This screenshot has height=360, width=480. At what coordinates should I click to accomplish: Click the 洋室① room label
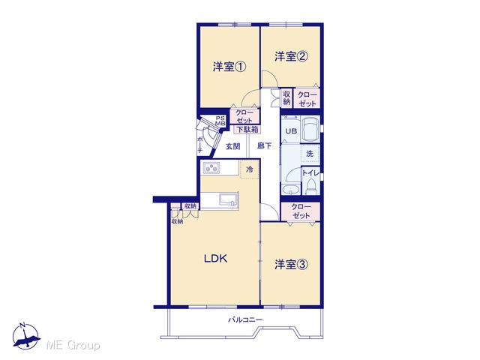pyautogui.click(x=229, y=67)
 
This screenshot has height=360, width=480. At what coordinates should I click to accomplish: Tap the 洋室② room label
pyautogui.click(x=291, y=56)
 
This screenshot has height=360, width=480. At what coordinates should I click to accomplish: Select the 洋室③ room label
pyautogui.click(x=291, y=265)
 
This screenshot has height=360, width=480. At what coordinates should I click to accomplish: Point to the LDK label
pyautogui.click(x=216, y=259)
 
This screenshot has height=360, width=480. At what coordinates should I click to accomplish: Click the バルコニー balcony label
pyautogui.click(x=245, y=320)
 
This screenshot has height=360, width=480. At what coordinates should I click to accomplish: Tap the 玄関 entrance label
pyautogui.click(x=233, y=147)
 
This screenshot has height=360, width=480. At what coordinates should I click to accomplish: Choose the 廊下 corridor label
pyautogui.click(x=264, y=146)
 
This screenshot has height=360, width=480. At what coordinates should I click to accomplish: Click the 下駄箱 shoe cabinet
pyautogui.click(x=247, y=130)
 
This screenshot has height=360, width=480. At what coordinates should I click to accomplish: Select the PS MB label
pyautogui.click(x=220, y=121)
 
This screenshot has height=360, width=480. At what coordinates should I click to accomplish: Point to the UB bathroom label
pyautogui.click(x=291, y=131)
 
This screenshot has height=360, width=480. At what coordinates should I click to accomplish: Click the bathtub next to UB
pyautogui.click(x=310, y=129)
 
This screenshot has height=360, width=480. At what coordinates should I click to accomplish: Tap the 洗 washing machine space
pyautogui.click(x=310, y=153)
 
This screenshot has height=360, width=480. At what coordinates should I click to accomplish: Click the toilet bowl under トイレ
pyautogui.click(x=311, y=187)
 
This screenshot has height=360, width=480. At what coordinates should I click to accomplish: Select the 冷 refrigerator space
pyautogui.click(x=250, y=169)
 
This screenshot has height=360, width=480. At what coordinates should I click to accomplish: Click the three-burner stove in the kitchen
pyautogui.click(x=211, y=168)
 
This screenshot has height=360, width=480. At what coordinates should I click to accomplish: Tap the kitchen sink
pyautogui.click(x=229, y=199)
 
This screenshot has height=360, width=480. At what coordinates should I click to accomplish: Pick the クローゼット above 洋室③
pyautogui.click(x=301, y=211)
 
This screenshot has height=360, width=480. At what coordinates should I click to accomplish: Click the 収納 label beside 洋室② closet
pyautogui.click(x=286, y=98)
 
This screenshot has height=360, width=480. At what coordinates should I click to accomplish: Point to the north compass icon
pyautogui.click(x=26, y=336)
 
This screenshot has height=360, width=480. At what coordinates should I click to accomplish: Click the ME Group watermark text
pyautogui.click(x=73, y=345)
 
